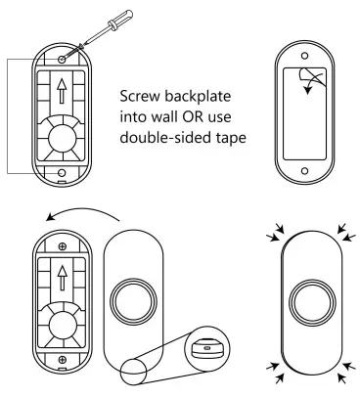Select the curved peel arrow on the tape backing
click(x=312, y=85)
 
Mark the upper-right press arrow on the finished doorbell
click(x=345, y=231)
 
